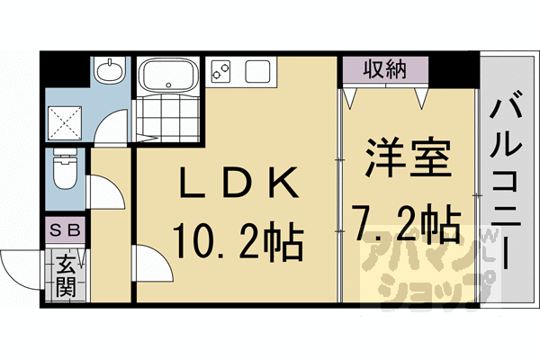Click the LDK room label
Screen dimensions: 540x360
pyautogui.click(x=238, y=182)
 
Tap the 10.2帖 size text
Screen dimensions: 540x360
pyautogui.click(x=238, y=241)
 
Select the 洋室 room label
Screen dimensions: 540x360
pyautogui.click(x=409, y=157)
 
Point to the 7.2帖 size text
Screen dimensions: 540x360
pyautogui.click(x=407, y=221)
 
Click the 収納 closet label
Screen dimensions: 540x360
pyautogui.click(x=385, y=69)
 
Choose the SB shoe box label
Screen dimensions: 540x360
pyautogui.click(x=65, y=229)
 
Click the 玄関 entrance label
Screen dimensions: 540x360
pyautogui.click(x=66, y=276)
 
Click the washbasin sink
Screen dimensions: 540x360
pyautogui.click(x=110, y=70)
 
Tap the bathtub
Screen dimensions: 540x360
pyautogui.click(x=168, y=75)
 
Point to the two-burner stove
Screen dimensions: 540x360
pyautogui.click(x=220, y=70)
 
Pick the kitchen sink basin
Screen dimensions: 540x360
pyautogui.click(x=257, y=71)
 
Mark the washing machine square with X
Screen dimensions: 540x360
pyautogui.click(x=65, y=123)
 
